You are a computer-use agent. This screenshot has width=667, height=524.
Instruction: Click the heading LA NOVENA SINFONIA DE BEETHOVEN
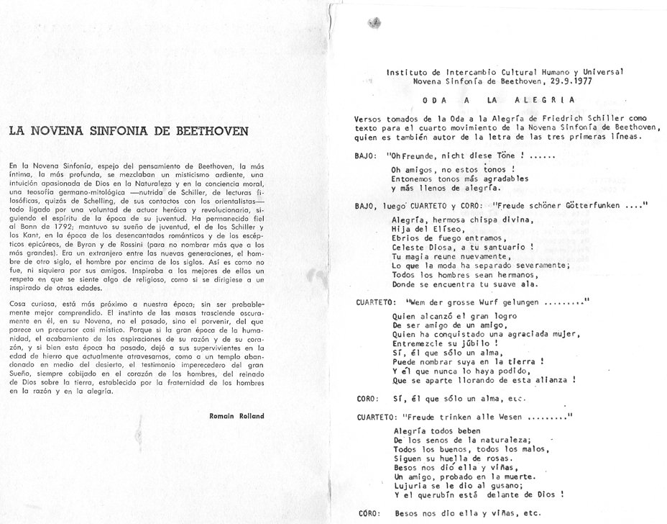click(x=129, y=132)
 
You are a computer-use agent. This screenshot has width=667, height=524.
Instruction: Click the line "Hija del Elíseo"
click(x=421, y=230)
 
